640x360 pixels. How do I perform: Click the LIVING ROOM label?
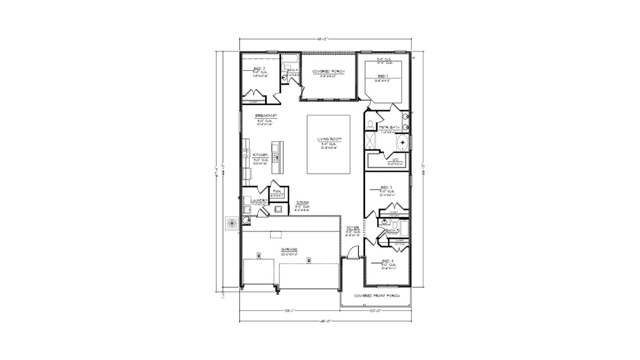[x=329, y=139]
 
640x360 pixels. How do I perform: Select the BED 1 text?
[x=382, y=75]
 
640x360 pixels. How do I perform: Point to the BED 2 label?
[x=259, y=68]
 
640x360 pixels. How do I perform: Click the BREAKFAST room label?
[x=266, y=115]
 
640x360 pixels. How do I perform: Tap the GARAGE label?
[x=289, y=250]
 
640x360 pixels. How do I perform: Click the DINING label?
[x=303, y=203]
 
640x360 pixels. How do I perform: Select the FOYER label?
[x=353, y=228]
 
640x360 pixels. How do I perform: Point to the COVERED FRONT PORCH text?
[x=376, y=295]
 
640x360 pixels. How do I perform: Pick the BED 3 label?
[x=386, y=187]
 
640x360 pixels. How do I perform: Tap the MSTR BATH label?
[x=384, y=127]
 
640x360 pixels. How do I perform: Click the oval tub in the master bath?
[x=403, y=142]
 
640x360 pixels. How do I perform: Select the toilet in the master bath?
[x=370, y=123]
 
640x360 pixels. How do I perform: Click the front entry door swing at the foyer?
[x=354, y=252]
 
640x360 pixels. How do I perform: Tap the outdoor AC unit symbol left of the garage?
[x=232, y=223]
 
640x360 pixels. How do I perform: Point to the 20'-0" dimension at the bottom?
[x=375, y=311]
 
